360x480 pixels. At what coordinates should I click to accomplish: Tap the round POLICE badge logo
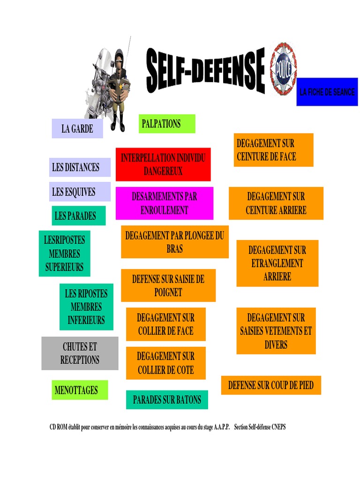coord(283,69)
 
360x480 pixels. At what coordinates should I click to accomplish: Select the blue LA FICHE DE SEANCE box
coord(327,92)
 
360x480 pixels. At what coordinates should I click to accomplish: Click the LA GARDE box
coord(77,128)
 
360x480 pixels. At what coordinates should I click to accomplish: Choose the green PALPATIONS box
coord(166,124)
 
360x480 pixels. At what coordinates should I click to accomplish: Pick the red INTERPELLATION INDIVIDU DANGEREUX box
coord(163,164)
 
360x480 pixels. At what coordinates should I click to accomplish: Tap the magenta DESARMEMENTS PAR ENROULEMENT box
coord(164,203)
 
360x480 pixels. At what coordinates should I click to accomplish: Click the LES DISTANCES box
coord(80,167)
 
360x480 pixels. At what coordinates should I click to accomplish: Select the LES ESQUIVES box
coord(80,191)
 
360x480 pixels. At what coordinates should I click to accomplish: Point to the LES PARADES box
coord(78,216)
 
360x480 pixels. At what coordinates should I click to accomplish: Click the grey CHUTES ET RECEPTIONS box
coord(80,353)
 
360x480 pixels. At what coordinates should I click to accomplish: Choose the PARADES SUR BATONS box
coord(167,400)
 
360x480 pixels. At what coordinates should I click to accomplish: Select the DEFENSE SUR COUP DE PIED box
coord(271,385)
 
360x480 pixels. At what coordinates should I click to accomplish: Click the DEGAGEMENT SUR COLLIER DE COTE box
coord(165,363)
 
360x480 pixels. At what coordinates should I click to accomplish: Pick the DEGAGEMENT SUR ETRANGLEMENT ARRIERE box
coord(277,263)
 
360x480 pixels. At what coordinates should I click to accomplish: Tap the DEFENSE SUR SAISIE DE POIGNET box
coord(168,285)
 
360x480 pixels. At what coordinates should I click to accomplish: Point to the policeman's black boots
coord(118,126)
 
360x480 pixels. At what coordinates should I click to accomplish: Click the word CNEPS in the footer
coord(276,427)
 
